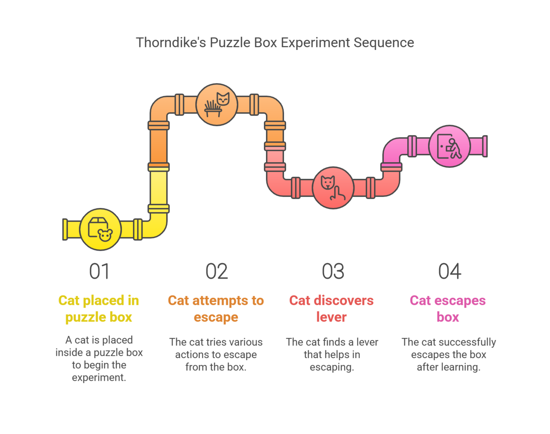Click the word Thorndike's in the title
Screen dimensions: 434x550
(x=171, y=42)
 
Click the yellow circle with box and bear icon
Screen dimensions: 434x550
(x=100, y=229)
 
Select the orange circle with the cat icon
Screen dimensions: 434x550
(x=216, y=104)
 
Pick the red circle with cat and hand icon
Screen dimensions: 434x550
(x=333, y=188)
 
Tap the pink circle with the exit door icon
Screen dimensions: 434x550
(x=449, y=146)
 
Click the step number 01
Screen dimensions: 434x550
(x=99, y=271)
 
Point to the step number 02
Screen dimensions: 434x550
(x=216, y=271)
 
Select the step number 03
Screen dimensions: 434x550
(x=333, y=271)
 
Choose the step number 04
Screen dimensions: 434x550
(x=449, y=271)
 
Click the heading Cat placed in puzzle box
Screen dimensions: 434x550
(x=99, y=309)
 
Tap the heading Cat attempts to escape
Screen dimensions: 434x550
(x=216, y=309)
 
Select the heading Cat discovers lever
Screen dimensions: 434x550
(x=331, y=309)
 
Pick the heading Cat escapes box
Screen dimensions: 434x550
(x=448, y=309)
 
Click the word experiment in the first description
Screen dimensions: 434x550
(x=99, y=377)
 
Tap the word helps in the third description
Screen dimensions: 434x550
(x=332, y=354)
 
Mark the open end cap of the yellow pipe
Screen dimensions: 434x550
(x=65, y=229)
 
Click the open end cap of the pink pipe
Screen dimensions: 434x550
(x=485, y=146)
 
